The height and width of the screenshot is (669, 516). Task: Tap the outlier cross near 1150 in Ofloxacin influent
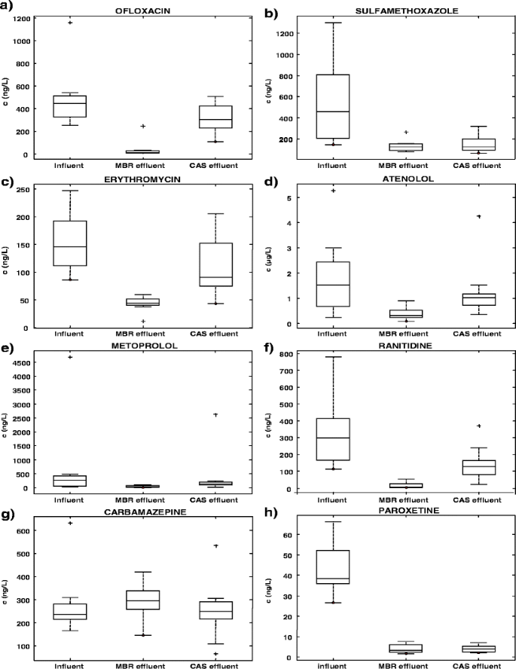point(70,23)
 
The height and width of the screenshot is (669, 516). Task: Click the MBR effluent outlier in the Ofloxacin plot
point(142,126)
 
